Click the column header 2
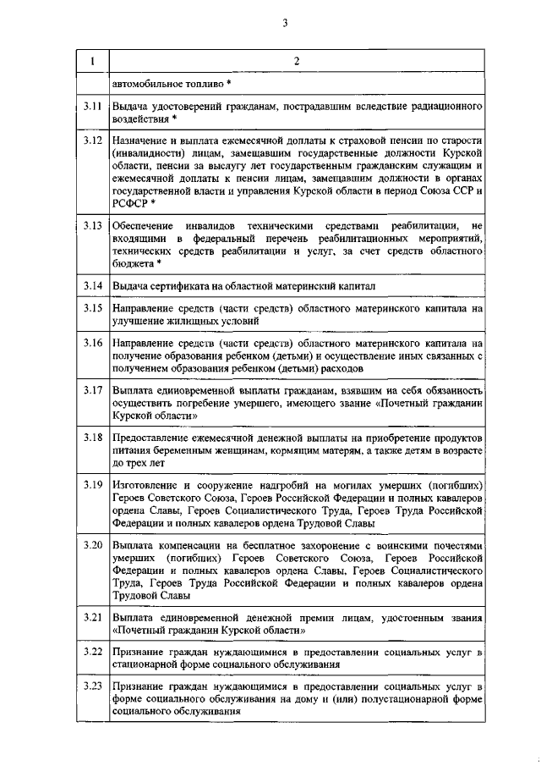pos(297,62)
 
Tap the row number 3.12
pos(93,138)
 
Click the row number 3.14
pos(93,286)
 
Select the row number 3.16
pos(93,344)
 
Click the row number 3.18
pos(93,438)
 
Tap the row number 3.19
pos(93,485)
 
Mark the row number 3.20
pos(93,543)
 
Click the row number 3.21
pos(93,619)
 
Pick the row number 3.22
pos(93,653)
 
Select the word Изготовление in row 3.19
pos(145,485)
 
